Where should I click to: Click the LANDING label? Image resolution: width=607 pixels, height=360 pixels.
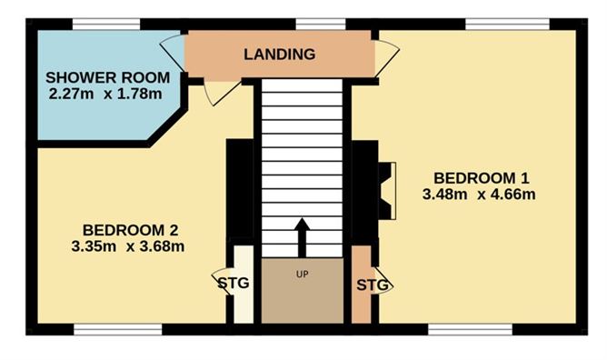coord(279,55)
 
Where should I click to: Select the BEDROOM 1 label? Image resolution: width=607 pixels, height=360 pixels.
coord(481,177)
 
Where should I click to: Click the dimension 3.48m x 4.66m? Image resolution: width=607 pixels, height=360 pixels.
coord(479,194)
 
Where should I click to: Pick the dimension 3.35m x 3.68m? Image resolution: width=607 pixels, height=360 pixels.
coord(128,245)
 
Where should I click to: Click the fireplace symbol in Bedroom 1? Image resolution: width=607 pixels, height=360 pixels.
coord(386,191)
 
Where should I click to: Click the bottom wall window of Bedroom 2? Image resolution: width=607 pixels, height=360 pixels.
coord(117,328)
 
